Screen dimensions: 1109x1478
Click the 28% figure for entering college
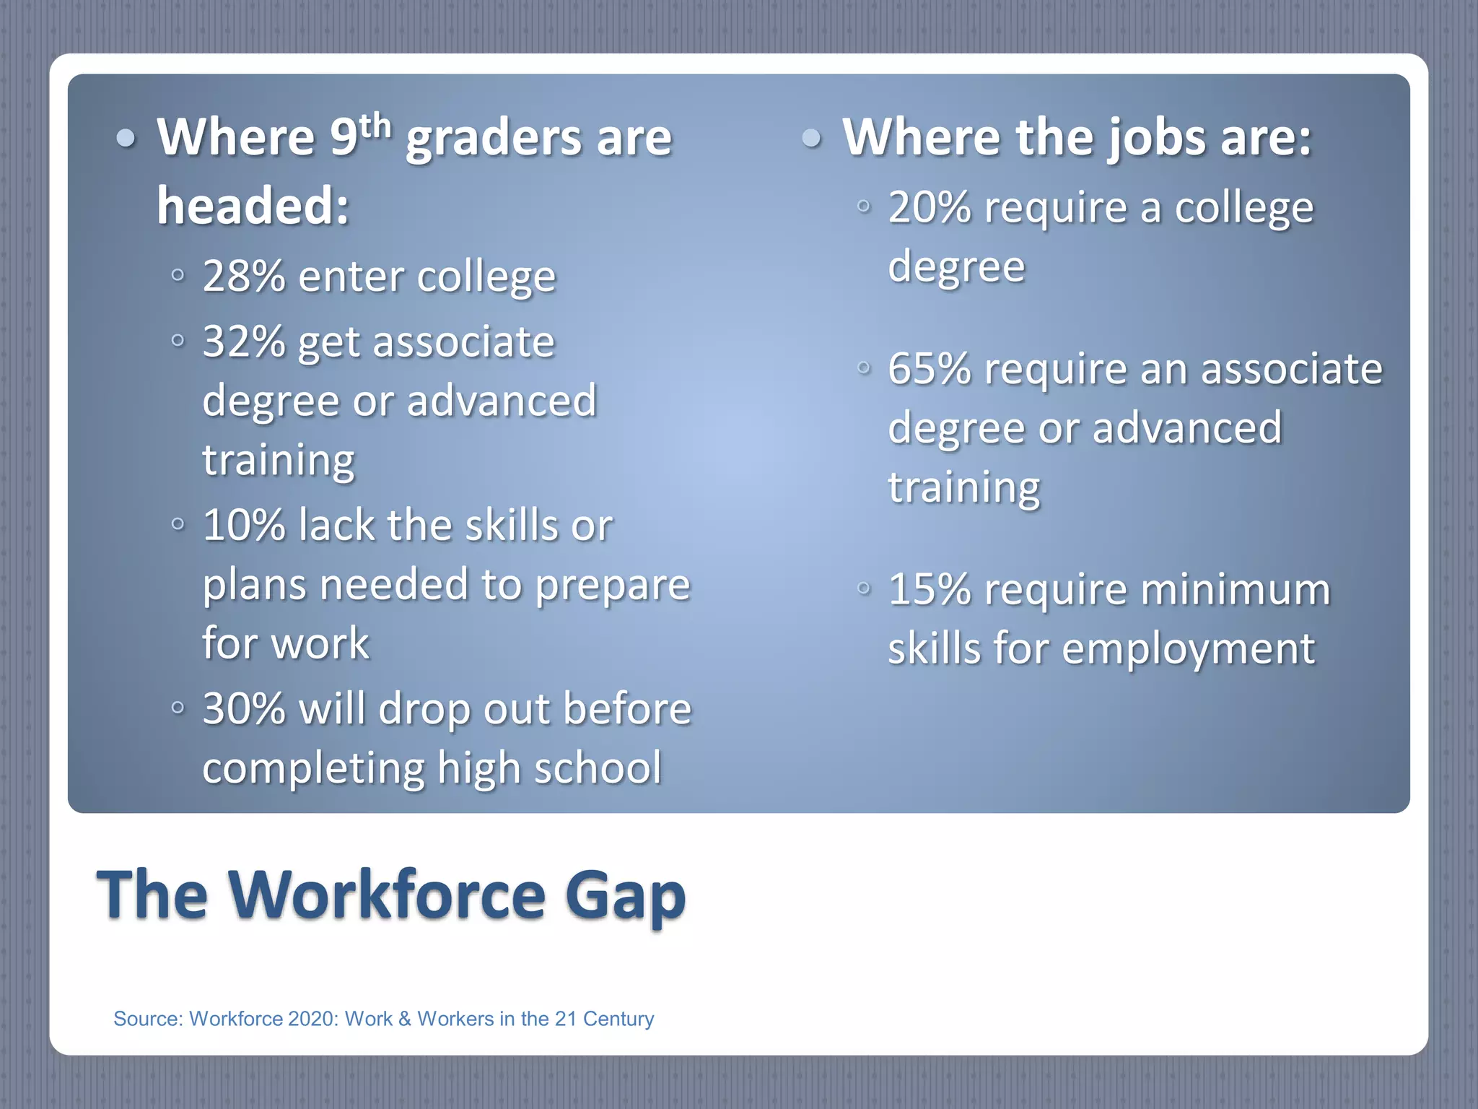click(x=243, y=277)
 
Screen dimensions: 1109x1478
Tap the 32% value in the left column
click(x=243, y=342)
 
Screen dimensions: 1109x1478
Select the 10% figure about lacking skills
click(x=243, y=525)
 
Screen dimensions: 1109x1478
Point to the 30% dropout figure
click(x=243, y=708)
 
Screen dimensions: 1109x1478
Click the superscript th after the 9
click(x=375, y=127)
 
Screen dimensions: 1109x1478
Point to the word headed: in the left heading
click(x=253, y=206)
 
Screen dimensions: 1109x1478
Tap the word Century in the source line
click(x=618, y=1019)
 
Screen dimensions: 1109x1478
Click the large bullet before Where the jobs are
click(x=812, y=138)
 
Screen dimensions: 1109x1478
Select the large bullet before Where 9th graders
click(x=126, y=138)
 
